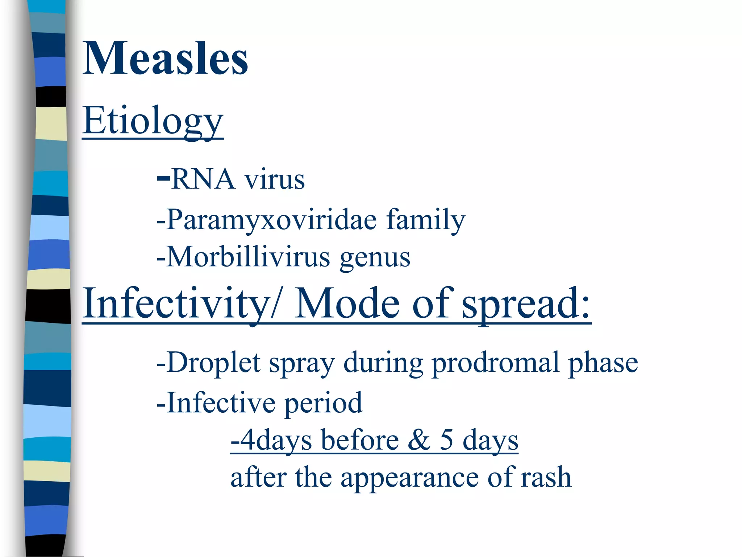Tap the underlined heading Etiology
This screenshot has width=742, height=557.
153,120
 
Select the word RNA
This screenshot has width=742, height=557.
203,179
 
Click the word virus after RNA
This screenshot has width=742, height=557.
274,179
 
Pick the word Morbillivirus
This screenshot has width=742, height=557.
249,257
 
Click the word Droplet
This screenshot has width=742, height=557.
213,363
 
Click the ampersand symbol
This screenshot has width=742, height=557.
419,440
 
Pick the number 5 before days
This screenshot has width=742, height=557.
447,440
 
